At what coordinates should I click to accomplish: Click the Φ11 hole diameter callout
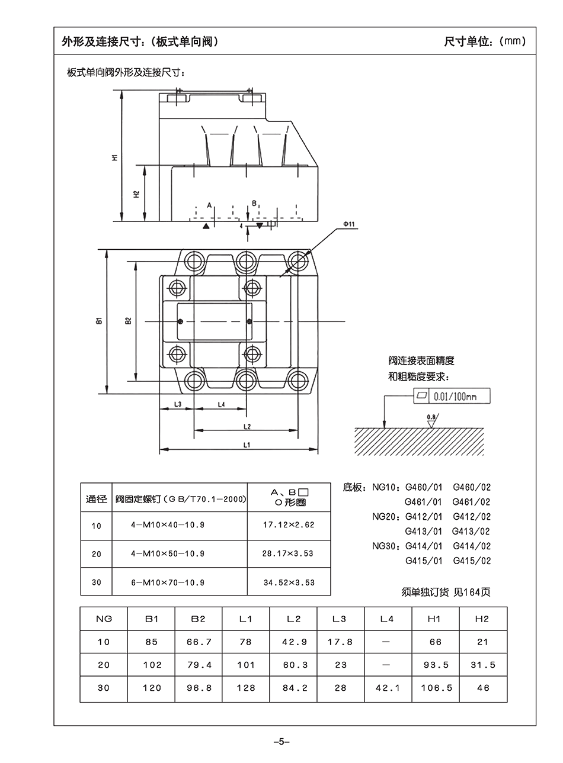coord(348,224)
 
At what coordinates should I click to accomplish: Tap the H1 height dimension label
coord(114,157)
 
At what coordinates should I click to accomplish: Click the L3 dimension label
coord(177,404)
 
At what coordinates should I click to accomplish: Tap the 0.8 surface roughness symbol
coord(431,418)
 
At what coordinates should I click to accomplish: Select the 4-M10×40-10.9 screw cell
coord(168,525)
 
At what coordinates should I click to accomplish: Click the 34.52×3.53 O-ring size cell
coord(289,582)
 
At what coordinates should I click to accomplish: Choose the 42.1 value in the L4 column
coord(388,688)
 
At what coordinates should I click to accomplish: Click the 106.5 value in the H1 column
coord(436,688)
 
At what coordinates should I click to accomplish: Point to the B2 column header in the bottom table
coord(199,619)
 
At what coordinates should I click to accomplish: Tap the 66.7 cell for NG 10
coord(199,642)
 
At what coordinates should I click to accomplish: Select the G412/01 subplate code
coord(424,517)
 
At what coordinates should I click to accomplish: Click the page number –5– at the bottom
coord(281,741)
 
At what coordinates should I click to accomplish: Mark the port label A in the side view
coord(209,204)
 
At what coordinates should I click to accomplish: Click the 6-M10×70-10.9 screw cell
coord(168,582)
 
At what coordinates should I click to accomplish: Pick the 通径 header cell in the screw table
coord(97,499)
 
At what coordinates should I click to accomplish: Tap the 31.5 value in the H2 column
coord(483,665)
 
